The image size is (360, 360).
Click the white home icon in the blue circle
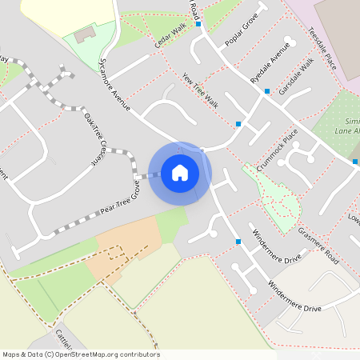pyautogui.click(x=180, y=172)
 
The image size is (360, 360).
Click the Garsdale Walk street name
pyautogui.click(x=295, y=76)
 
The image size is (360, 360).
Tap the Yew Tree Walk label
pyautogui.click(x=200, y=90)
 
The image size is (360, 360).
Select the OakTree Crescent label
pyautogui.click(x=95, y=138)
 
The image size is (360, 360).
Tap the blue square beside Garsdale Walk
pyautogui.click(x=267, y=91)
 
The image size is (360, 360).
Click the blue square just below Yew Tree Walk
pyautogui.click(x=238, y=123)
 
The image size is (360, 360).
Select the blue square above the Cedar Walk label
pyautogui.click(x=198, y=24)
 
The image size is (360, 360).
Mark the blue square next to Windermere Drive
pyautogui.click(x=238, y=241)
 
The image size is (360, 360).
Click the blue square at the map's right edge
pyautogui.click(x=356, y=162)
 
